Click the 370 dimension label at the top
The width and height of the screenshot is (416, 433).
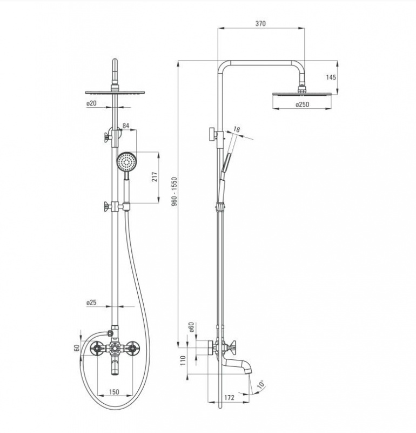[260, 23]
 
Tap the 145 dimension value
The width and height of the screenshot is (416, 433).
[331, 77]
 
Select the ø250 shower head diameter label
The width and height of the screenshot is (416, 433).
[302, 104]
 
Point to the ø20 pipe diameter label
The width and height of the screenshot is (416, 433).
[91, 103]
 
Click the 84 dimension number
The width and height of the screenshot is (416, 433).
[126, 126]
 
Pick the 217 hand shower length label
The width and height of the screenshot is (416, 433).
[155, 177]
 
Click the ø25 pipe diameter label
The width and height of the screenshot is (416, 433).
[91, 303]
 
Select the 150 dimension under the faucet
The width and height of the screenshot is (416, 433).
[114, 391]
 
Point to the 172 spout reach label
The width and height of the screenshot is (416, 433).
[229, 397]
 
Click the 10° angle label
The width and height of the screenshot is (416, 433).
[260, 384]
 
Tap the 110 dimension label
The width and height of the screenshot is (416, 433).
[183, 360]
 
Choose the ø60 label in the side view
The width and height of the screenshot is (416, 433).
[191, 327]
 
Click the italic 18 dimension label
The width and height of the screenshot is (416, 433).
[237, 129]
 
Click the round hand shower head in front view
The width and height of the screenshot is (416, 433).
[126, 162]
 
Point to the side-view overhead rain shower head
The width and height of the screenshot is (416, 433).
[302, 94]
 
